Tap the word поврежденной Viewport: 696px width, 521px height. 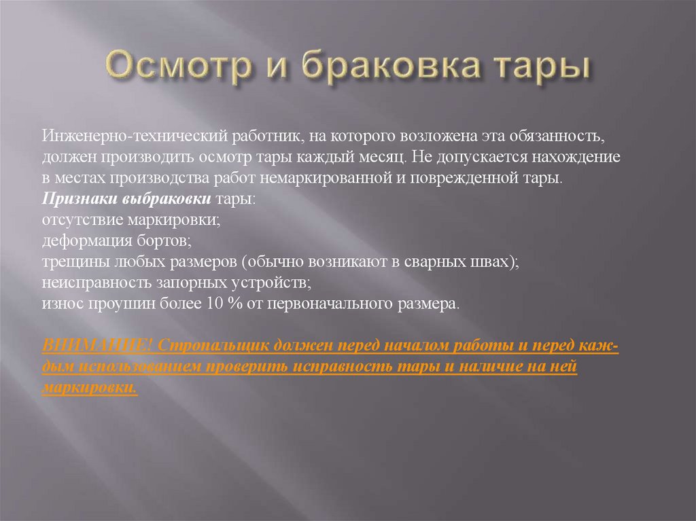click(x=500, y=179)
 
